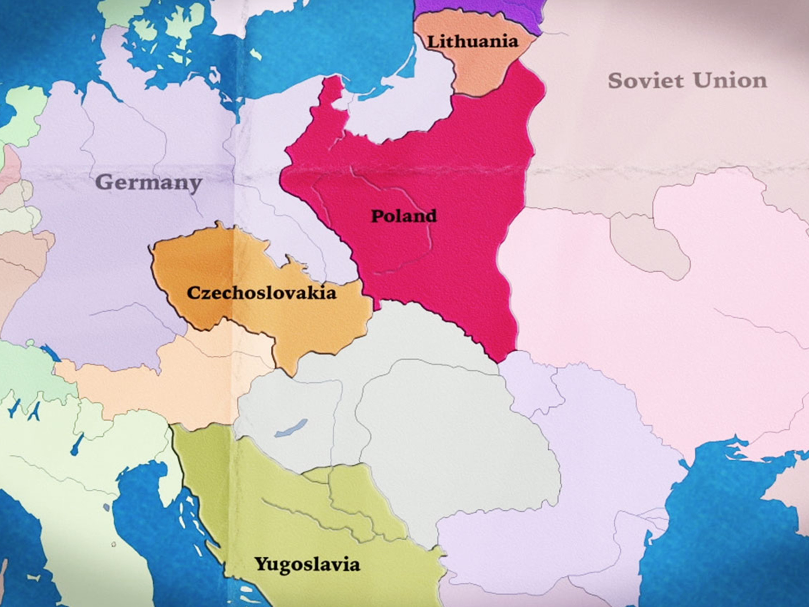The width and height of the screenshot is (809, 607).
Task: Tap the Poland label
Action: coord(404,216)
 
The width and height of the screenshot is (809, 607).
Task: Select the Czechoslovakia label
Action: coord(261,293)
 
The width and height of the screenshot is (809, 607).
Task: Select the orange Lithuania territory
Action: coord(479,70)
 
